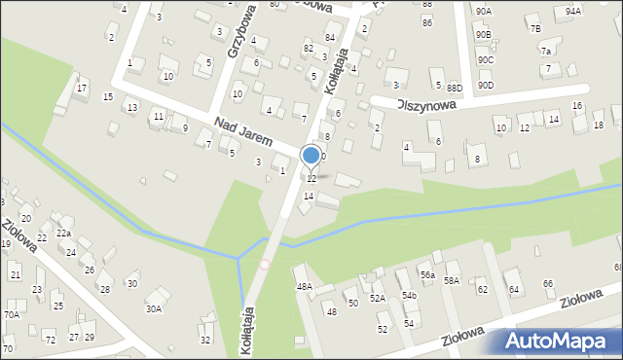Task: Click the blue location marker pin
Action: [x=311, y=156]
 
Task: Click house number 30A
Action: [x=153, y=308]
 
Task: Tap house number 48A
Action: [x=304, y=286]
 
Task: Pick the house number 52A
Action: [x=377, y=298]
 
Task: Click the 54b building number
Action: [x=409, y=295]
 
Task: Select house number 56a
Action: [x=426, y=275]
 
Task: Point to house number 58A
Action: [x=452, y=280]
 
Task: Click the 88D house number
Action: [x=454, y=88]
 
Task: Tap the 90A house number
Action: [x=484, y=10]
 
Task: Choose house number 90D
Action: [x=486, y=85]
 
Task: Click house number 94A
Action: [x=572, y=10]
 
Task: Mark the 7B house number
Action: [x=534, y=28]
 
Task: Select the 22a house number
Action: [x=63, y=234]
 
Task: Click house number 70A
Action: [x=12, y=314]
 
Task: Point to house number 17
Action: [x=82, y=89]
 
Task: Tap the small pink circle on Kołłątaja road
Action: [x=265, y=264]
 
